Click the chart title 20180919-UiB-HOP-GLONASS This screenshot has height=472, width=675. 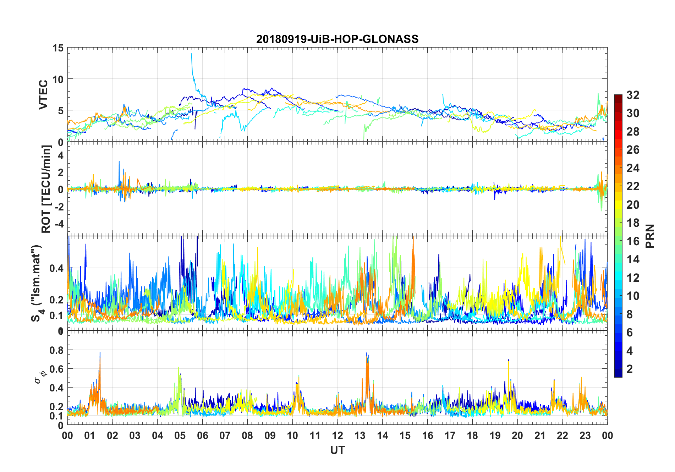click(x=337, y=39)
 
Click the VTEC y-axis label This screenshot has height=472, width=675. click(x=43, y=95)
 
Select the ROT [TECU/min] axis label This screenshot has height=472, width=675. click(x=46, y=189)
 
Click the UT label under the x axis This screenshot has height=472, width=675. click(x=337, y=450)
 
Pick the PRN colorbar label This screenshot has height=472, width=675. click(x=650, y=236)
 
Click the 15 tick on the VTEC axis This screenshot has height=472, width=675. click(x=58, y=48)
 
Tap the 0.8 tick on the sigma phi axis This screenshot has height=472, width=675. click(x=56, y=350)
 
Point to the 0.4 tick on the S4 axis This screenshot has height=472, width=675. click(x=56, y=268)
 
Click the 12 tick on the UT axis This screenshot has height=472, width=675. click(x=337, y=435)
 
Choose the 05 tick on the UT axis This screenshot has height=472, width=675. click(x=180, y=435)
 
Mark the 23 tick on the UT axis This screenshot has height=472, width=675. click(x=585, y=435)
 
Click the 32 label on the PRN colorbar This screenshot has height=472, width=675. click(x=633, y=95)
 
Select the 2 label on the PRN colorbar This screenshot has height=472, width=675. click(x=630, y=369)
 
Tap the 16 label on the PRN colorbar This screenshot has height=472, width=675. click(x=633, y=241)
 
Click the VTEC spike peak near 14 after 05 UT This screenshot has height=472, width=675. click(x=192, y=54)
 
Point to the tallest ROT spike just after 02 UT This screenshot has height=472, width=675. click(x=119, y=162)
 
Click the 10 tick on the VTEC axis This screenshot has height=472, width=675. click(x=58, y=79)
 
